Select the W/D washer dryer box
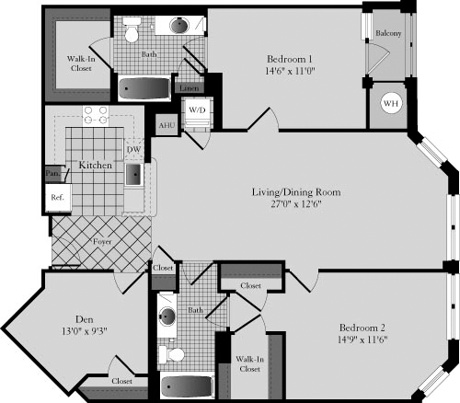198,110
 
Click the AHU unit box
167,125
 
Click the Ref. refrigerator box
57,196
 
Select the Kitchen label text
96,166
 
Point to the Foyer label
103,243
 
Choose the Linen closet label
189,88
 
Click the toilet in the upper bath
131,35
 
